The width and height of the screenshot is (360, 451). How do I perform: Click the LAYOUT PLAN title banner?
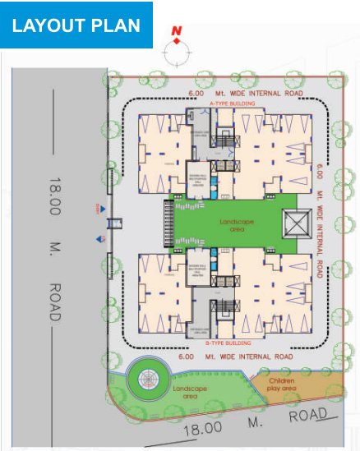pos(76,25)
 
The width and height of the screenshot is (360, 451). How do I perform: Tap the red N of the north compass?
pos(175,31)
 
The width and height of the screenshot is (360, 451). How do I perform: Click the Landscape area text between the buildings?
pos(237,226)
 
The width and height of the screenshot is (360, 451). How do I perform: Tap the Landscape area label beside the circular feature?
pos(190,392)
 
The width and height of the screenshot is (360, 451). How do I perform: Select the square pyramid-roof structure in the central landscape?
pos(293,223)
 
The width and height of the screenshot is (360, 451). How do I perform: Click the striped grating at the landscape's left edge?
pos(170,223)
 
